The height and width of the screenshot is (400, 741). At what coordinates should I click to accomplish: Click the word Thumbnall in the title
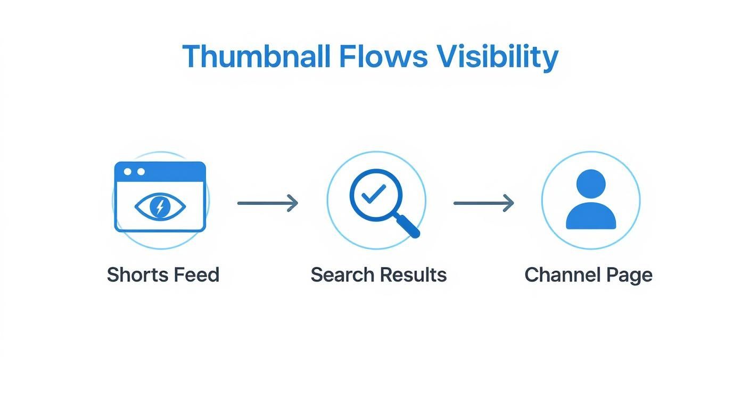point(257,56)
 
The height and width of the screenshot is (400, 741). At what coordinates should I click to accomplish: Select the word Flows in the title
point(383,56)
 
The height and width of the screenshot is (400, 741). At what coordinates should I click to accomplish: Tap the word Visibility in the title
point(497,56)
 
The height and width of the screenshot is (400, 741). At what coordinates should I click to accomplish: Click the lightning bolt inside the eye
point(160,206)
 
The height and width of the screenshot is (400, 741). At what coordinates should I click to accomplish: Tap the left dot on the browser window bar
point(128,172)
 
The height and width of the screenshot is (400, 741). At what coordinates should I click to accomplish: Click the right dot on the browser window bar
point(141,172)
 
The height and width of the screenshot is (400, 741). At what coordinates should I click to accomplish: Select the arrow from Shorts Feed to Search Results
point(267,203)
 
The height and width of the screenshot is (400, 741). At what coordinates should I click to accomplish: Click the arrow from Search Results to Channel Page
point(483,203)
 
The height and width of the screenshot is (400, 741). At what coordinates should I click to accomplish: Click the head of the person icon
point(591,184)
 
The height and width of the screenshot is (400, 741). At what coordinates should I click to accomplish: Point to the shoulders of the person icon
point(591,216)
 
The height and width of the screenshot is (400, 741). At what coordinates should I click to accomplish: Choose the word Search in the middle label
point(343,275)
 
